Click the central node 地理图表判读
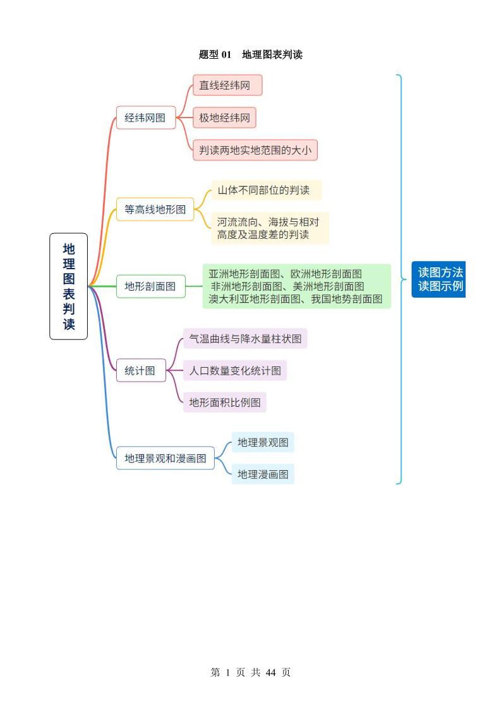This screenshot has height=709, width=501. click(69, 286)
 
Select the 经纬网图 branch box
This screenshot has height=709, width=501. click(145, 118)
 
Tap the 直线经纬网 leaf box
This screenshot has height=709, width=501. click(227, 85)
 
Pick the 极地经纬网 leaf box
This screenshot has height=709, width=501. click(224, 118)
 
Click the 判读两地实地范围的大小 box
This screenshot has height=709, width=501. click(255, 150)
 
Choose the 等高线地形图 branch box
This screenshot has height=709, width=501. click(155, 209)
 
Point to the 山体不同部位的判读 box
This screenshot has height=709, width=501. click(266, 190)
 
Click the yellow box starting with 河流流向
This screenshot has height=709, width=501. click(270, 228)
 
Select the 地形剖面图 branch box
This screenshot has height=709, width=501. click(150, 286)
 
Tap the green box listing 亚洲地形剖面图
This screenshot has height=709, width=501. click(296, 286)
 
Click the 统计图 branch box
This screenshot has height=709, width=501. click(140, 371)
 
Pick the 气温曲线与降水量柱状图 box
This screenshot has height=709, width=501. click(245, 339)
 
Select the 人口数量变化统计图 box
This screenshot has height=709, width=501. click(235, 371)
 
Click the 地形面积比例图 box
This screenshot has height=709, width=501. click(225, 403)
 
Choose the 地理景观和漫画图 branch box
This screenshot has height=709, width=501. click(166, 459)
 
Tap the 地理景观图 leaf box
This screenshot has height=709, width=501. click(263, 442)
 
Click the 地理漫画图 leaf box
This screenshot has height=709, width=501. click(263, 474)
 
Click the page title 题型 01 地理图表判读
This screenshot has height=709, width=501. click(251, 55)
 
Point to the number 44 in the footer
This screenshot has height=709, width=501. click(271, 673)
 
